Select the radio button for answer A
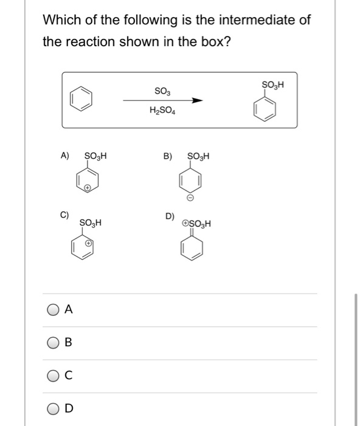[52, 310]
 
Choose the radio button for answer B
[52, 343]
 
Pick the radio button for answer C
[52, 375]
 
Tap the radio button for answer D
[52, 408]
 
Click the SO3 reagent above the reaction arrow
[162, 91]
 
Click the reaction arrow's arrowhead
[196, 101]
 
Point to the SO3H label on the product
[273, 83]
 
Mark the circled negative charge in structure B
[189, 198]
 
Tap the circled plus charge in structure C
[89, 243]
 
